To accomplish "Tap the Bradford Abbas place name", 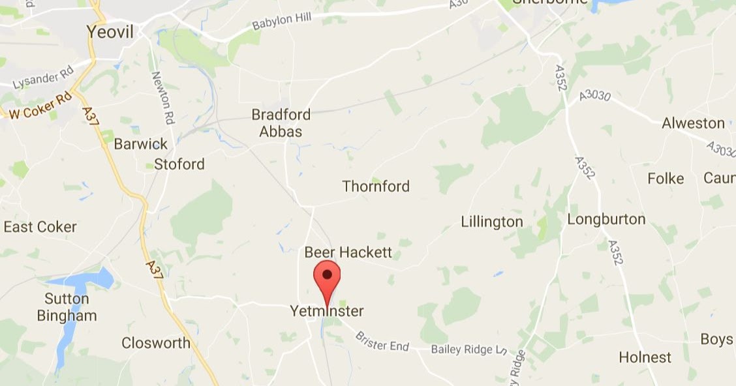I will [281, 123].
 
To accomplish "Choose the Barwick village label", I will [140, 143].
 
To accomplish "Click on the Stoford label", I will [179, 164].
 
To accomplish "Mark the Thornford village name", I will [376, 186].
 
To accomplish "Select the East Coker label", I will [40, 227].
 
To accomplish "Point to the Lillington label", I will [492, 222].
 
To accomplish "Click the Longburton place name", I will [606, 219].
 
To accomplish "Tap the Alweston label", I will [693, 123].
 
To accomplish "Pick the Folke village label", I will [666, 179].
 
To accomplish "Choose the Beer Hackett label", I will [348, 252].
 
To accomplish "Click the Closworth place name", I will [156, 343].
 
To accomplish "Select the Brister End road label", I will [382, 341].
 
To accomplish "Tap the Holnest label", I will [645, 357].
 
